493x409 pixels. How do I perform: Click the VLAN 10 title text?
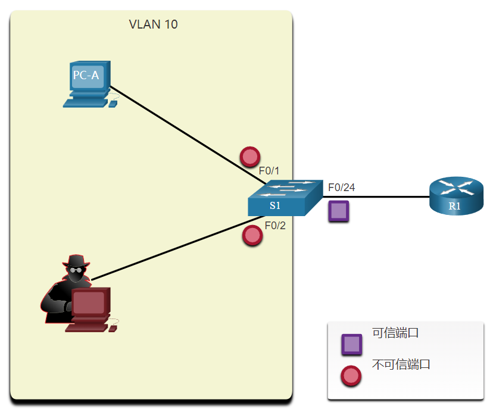153,25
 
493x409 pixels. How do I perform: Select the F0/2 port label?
276,225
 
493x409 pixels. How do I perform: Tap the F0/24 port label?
341,188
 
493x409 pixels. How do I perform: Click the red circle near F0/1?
249,157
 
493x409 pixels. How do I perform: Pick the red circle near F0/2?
252,235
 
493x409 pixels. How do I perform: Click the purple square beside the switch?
339,211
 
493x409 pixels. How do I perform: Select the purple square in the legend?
351,344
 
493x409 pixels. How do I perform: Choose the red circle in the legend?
351,376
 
